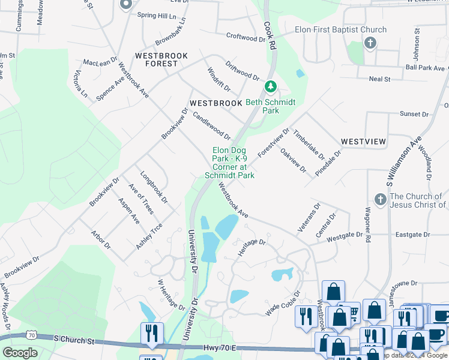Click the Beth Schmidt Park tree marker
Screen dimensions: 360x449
pyautogui.click(x=271, y=87)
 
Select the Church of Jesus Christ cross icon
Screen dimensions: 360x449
pyautogui.click(x=379, y=199)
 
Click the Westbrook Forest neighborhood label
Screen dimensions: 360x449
pyautogui.click(x=161, y=59)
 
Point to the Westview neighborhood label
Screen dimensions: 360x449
pyautogui.click(x=363, y=141)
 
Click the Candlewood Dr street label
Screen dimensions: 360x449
pyautogui.click(x=211, y=125)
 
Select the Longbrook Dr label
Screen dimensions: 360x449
pyautogui.click(x=154, y=187)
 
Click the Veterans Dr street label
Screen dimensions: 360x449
pyautogui.click(x=309, y=217)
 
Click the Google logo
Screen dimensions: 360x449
pyautogui.click(x=20, y=353)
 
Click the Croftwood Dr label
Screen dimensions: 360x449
pyautogui.click(x=246, y=37)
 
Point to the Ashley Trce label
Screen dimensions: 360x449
pyautogui.click(x=149, y=236)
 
